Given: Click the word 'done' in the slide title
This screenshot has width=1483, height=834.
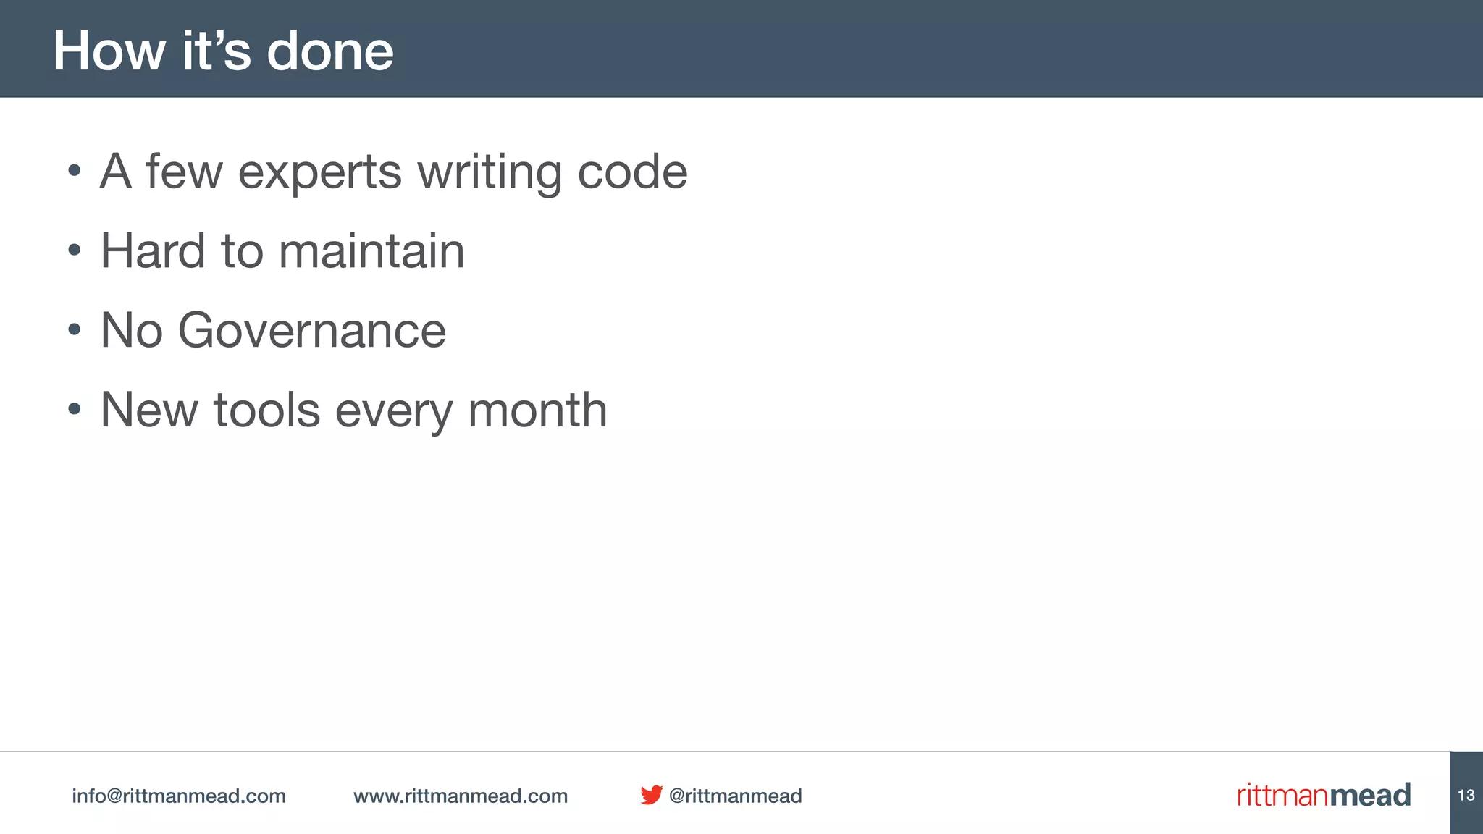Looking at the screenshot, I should (329, 51).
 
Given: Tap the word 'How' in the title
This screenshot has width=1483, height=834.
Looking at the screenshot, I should (109, 51).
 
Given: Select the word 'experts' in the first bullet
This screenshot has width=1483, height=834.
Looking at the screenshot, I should (319, 172).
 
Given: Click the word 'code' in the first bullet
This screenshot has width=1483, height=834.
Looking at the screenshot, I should (632, 172).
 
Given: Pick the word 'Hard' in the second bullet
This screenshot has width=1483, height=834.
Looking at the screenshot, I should (153, 251).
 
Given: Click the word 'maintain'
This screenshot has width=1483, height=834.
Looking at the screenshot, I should (371, 251).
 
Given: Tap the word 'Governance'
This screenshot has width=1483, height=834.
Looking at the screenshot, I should (311, 331).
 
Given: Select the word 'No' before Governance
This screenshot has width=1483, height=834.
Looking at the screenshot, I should (131, 331).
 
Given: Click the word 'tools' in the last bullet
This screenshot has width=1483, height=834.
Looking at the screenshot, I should (266, 410).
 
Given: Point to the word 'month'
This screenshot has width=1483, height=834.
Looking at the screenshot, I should (537, 410).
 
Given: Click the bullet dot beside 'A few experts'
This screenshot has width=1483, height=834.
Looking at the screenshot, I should (74, 172).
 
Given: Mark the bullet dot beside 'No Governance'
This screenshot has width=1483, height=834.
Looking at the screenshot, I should (74, 330).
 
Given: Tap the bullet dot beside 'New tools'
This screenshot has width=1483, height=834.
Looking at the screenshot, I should (74, 410).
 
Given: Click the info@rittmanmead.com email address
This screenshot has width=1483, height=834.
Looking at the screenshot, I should (179, 796).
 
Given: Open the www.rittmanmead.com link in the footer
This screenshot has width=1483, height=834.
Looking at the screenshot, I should (461, 796).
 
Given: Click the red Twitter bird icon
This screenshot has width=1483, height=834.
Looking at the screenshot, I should (651, 795).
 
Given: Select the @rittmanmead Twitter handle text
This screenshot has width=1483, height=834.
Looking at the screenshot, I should (735, 796).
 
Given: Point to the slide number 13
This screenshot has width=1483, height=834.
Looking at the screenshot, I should (1466, 795).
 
